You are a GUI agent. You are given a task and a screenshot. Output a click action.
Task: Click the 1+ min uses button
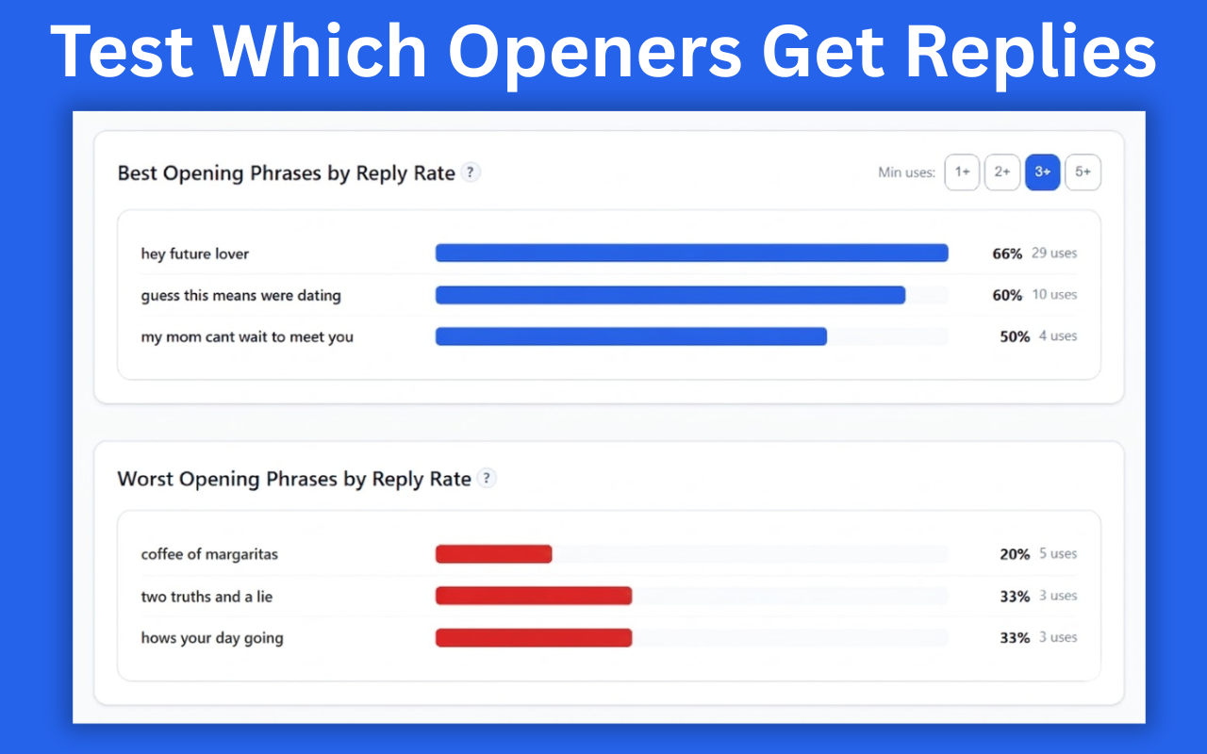click(962, 172)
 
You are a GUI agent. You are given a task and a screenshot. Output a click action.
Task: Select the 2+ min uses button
click(1002, 172)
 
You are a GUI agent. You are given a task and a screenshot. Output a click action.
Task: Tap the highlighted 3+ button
click(1043, 172)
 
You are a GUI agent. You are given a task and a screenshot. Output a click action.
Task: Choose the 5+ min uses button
click(1083, 172)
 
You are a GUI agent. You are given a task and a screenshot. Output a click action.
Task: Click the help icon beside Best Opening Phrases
click(471, 172)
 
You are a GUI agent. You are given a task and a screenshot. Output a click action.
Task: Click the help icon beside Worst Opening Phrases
click(487, 478)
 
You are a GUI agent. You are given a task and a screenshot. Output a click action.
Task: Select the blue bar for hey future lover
click(691, 253)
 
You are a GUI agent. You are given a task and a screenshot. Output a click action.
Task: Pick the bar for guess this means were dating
click(670, 295)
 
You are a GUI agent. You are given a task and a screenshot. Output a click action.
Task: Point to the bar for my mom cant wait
click(631, 336)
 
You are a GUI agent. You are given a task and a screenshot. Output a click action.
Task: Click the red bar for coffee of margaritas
click(493, 554)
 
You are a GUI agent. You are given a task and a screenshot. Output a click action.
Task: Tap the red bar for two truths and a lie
click(533, 596)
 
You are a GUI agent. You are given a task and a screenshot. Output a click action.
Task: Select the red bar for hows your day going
click(533, 638)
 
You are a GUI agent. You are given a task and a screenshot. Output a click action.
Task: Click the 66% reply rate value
click(1007, 254)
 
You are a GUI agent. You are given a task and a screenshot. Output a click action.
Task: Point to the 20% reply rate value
click(1015, 554)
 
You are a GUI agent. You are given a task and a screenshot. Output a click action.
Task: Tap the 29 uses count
click(1054, 254)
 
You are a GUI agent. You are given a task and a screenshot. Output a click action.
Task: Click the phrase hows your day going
click(212, 638)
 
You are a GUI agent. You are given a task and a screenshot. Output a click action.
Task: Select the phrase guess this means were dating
click(240, 296)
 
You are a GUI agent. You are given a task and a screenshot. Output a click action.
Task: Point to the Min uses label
click(906, 172)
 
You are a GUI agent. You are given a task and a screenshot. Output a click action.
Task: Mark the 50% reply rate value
click(1015, 336)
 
